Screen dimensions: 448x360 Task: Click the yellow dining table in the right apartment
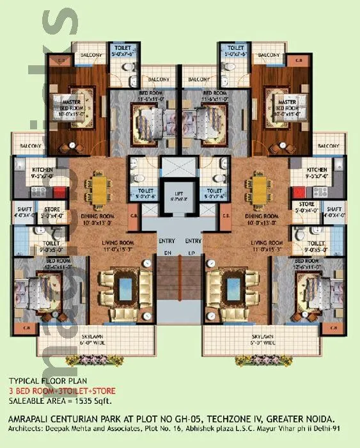(x=260, y=188)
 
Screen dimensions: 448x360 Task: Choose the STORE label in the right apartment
(x=306, y=205)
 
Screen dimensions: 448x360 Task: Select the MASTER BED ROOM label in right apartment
(x=286, y=105)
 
